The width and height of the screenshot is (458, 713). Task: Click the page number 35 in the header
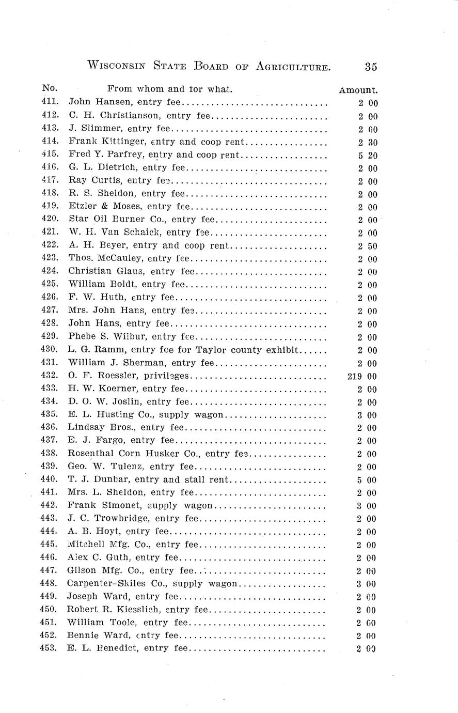click(371, 67)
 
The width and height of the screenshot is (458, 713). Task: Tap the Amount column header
click(358, 90)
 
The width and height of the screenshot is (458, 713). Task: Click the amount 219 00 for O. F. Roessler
click(362, 376)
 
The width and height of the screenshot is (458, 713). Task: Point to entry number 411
click(50, 102)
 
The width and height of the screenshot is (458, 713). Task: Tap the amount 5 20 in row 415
click(368, 155)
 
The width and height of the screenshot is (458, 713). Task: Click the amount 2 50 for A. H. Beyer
click(368, 246)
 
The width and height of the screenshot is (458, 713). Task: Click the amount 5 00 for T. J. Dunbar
click(367, 480)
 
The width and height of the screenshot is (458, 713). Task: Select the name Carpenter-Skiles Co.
click(116, 584)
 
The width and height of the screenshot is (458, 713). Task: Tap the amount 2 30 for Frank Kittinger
click(368, 142)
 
